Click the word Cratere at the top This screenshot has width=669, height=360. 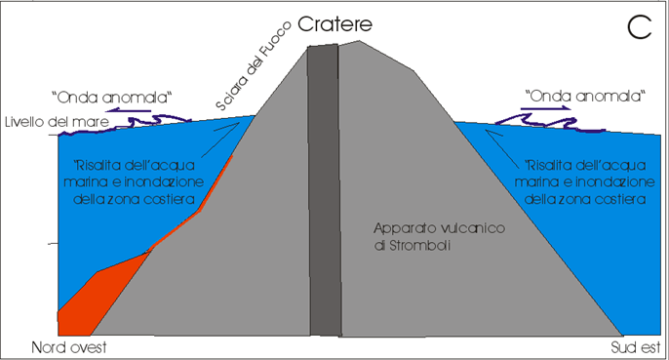[334, 24]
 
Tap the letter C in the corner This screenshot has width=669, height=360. [640, 27]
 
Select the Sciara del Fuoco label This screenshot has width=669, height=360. [253, 65]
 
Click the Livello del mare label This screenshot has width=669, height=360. [58, 122]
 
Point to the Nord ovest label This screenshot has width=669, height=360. [69, 347]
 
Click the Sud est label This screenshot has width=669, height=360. [635, 347]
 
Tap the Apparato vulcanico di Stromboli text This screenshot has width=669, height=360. [440, 236]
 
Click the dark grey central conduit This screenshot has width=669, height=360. [325, 190]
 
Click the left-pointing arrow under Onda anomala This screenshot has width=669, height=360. [129, 111]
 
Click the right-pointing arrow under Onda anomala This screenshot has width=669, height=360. [546, 108]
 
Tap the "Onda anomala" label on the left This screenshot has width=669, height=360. [112, 98]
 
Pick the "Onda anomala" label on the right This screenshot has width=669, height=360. [585, 96]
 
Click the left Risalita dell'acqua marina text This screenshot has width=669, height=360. [134, 181]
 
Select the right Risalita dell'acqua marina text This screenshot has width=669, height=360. [585, 181]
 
